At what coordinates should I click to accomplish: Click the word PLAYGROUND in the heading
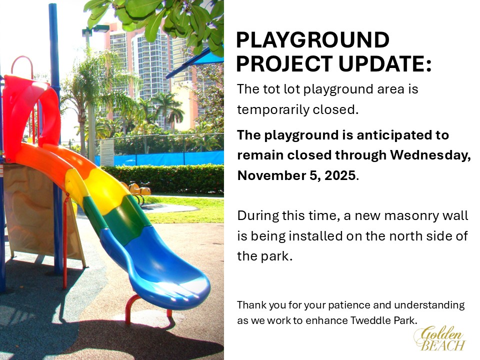312,40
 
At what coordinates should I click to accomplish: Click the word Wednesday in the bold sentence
430,155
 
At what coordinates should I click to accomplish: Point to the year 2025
340,175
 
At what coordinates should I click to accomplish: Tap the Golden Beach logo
439,338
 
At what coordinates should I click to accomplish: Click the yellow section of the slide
101,193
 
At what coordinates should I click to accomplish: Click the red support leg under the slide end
132,308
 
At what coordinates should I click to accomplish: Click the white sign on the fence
107,152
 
